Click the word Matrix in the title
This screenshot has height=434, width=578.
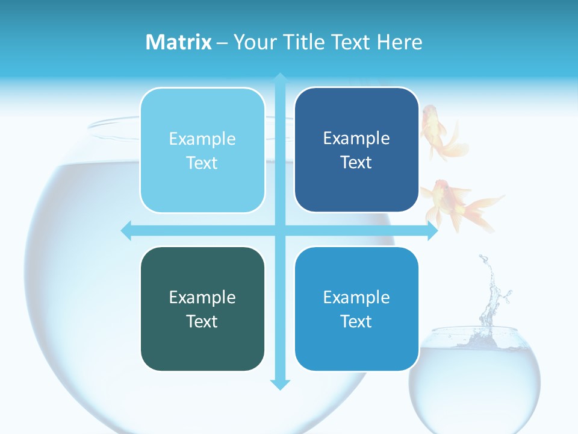tap(179, 42)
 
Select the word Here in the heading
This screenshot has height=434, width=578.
tap(400, 42)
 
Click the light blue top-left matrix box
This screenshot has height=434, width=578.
tap(202, 151)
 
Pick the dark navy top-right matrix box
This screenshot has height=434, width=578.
tap(356, 150)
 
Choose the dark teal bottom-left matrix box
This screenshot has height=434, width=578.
tap(202, 309)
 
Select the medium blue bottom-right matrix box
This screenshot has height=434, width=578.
tap(356, 309)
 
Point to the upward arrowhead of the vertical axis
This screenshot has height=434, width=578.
tap(280, 78)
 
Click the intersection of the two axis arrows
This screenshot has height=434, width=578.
tap(280, 230)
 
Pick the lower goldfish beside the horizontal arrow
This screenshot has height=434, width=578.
tap(458, 205)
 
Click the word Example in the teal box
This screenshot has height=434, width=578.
tap(202, 297)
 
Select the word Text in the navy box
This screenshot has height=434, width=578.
tap(356, 163)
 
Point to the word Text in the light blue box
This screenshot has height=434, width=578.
tap(202, 163)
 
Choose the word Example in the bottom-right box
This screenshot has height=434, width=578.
tap(356, 297)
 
